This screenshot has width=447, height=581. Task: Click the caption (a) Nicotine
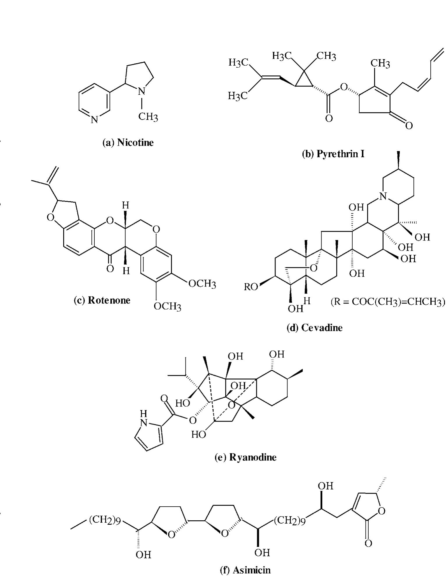[x=128, y=143]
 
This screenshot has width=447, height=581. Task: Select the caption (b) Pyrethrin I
[x=333, y=154]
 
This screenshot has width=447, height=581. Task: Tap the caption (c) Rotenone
[x=102, y=300]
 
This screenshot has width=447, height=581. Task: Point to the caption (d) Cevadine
[x=315, y=328]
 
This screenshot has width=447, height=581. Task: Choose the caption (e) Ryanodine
[x=245, y=457]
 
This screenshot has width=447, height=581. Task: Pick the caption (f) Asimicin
[x=245, y=570]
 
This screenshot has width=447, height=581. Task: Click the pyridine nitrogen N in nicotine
[x=94, y=120]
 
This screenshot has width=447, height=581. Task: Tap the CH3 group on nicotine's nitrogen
[x=148, y=117]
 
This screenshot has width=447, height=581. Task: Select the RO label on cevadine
[x=251, y=287]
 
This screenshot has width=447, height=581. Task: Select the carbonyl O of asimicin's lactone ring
[x=368, y=543]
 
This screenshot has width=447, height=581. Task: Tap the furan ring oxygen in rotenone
[x=50, y=218]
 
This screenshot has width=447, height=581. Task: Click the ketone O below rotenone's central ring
[x=110, y=268]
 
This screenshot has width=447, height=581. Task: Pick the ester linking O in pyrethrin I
[x=344, y=87]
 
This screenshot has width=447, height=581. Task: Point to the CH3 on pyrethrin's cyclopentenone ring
[x=380, y=63]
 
